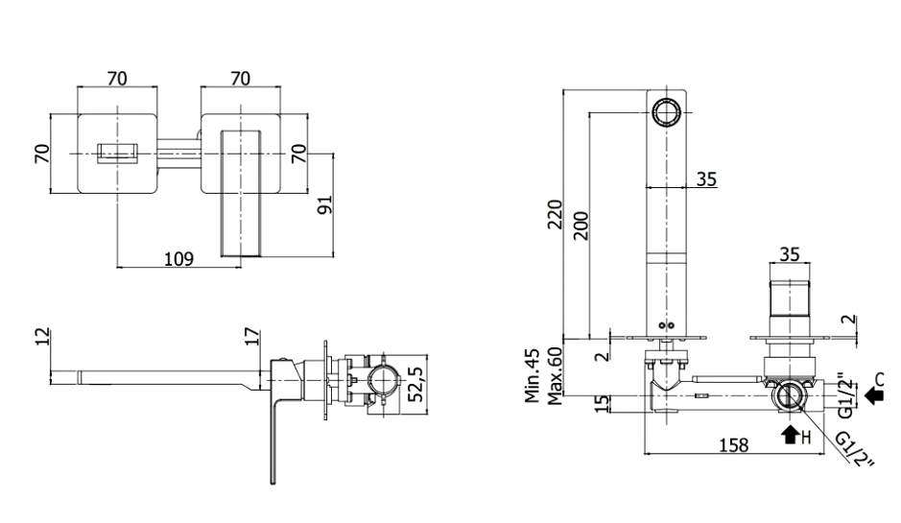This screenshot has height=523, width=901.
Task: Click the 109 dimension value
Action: [178, 258]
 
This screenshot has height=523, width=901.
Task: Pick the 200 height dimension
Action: [580, 224]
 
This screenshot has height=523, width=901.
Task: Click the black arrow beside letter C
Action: [871, 392]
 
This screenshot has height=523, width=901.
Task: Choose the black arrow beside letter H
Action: [791, 435]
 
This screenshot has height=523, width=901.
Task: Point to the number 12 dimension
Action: [40, 337]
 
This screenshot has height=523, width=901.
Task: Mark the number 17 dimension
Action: [251, 337]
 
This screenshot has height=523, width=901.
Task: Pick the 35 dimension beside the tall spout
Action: [706, 178]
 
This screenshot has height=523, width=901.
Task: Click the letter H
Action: [807, 438]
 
